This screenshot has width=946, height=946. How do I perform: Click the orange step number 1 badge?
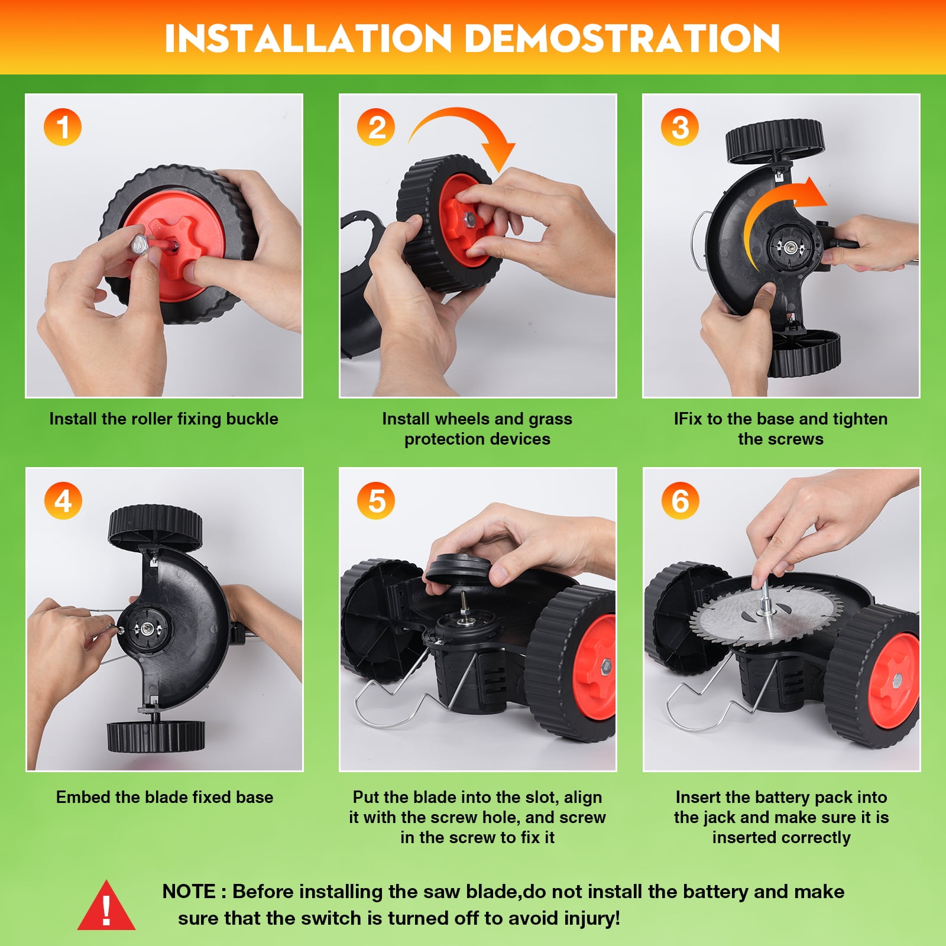tap(63, 127)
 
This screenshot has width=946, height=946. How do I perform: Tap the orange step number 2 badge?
tap(376, 127)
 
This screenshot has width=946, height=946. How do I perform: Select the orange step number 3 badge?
tap(680, 127)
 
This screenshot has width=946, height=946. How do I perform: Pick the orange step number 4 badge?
tap(63, 501)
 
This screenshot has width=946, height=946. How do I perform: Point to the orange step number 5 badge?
tap(376, 501)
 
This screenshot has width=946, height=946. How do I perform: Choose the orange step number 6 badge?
tap(680, 501)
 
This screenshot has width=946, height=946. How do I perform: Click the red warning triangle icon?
tap(106, 906)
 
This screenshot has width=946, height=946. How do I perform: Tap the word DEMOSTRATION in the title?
tap(622, 38)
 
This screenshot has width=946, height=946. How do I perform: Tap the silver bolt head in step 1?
tap(140, 244)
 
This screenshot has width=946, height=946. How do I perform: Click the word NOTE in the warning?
tap(189, 892)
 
